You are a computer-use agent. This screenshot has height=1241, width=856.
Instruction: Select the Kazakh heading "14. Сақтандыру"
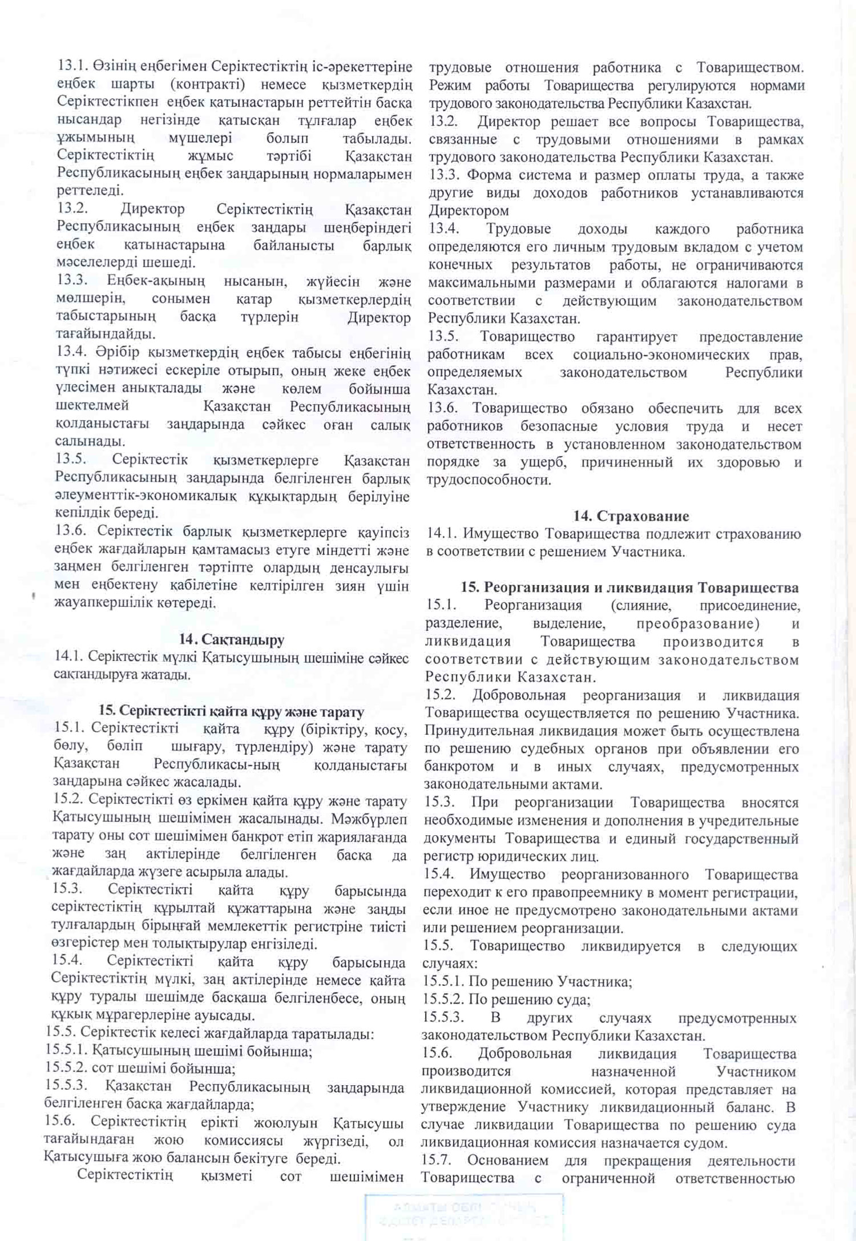coord(232,640)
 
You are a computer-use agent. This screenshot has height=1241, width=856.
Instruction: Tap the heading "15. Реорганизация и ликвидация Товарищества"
coord(630,587)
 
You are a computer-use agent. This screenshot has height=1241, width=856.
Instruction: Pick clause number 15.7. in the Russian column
coord(437,1160)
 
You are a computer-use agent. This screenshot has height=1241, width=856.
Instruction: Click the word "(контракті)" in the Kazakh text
coord(210,85)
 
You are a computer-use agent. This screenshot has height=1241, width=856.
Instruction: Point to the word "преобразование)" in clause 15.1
coord(697,623)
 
